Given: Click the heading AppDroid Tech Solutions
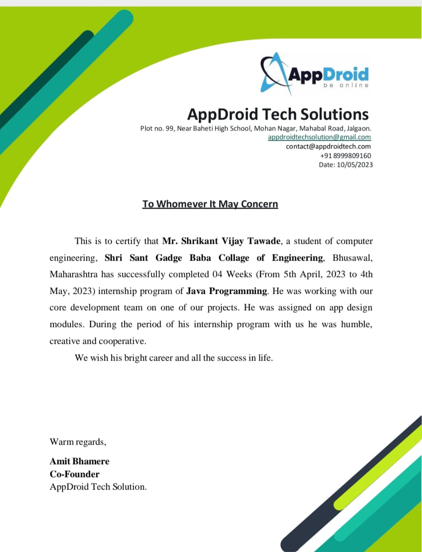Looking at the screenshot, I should pos(278,114).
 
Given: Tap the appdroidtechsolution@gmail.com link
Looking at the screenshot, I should pos(319,137).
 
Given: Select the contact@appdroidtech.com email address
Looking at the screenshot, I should pos(328,146).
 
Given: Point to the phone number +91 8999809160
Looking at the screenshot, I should pos(345,155).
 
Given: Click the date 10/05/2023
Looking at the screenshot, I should pos(355,164).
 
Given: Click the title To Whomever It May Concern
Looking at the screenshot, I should pos(210,204).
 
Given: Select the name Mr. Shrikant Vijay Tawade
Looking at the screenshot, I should pos(221,241).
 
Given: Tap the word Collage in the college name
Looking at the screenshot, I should pos(234,258).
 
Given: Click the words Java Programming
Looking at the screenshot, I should pos(227,291).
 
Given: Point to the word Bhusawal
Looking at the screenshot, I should pos(352,258).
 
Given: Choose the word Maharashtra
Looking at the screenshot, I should pos(74,274).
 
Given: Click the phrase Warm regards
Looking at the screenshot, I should pos(78,442).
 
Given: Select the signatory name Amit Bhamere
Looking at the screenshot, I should pos(79,461).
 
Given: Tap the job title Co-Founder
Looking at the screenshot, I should pos(74,474).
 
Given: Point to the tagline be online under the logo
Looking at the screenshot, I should pos(346,85).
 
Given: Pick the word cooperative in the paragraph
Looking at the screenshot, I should pos(123,341).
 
